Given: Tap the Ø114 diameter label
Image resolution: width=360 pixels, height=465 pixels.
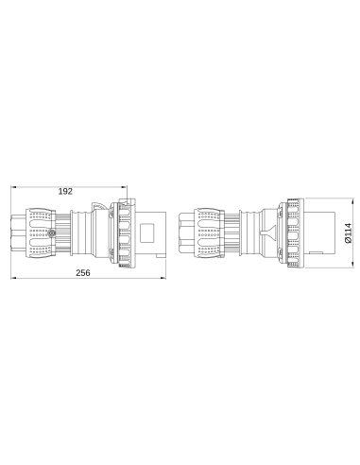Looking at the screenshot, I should coord(348,232).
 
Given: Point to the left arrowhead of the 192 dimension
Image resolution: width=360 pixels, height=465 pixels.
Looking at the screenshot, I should coord(13,198).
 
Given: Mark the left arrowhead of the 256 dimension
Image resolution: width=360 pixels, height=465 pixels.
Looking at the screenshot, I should coord(13,280).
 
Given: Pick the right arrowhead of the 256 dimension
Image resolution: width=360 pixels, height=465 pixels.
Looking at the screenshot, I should coord(166,280).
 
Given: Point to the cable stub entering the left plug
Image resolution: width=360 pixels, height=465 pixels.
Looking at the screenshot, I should coord(19,232).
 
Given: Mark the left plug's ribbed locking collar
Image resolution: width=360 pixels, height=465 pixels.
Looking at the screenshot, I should coord(122,232).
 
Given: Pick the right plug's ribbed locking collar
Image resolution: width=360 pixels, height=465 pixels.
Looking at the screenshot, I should coord(290,232).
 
